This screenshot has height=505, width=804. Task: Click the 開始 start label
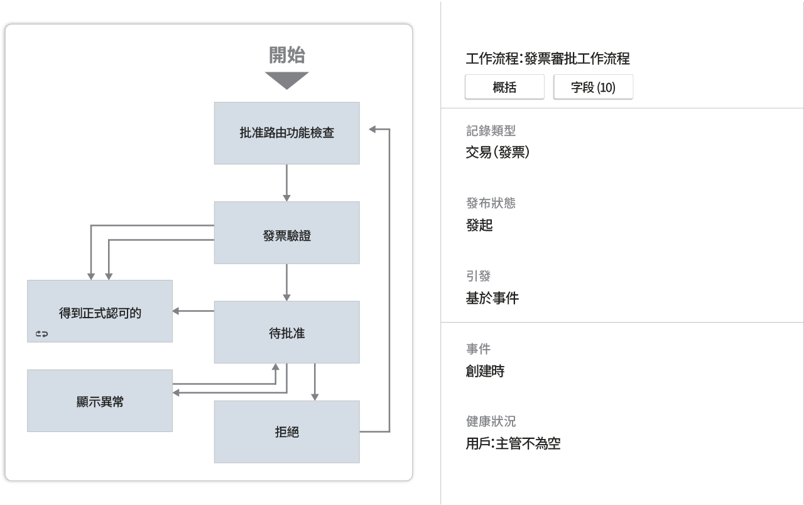coord(287,55)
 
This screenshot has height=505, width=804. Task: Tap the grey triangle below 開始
coord(287,80)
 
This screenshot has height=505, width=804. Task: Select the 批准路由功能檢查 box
coord(286,133)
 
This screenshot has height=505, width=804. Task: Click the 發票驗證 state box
coord(286,236)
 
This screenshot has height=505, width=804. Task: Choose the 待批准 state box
coord(286,333)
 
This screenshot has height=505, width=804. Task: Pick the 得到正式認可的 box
coord(100,313)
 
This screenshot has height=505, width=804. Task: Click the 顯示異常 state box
coord(100,401)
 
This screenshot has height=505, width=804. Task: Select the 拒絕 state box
coord(286,432)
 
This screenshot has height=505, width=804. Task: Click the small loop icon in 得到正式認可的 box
coord(41,334)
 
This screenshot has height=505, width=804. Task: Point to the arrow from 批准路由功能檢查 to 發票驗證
coord(286,183)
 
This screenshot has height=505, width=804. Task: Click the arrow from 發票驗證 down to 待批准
coord(286,282)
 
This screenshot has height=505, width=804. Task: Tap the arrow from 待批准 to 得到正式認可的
coord(193,311)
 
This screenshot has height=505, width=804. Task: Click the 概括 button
coord(504,87)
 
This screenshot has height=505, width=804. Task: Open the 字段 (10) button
coord(593,87)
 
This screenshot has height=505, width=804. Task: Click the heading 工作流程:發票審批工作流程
coord(548,59)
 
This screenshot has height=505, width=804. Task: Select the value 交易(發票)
coord(497,152)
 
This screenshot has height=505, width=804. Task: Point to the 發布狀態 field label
coord(491,203)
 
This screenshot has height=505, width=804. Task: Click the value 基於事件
coord(492,298)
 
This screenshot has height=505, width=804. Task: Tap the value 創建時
coord(485,371)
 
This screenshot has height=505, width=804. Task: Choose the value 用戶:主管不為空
coord(513,443)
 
